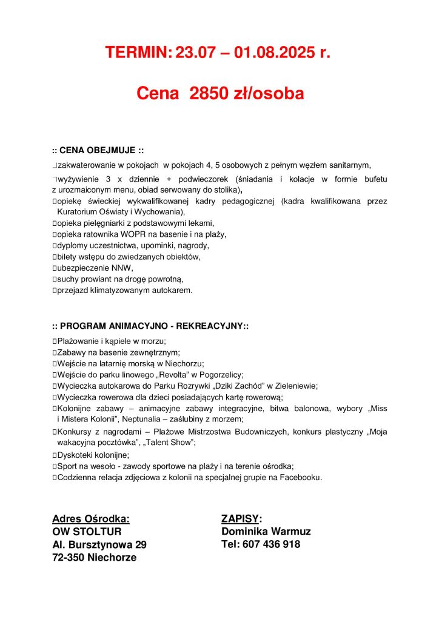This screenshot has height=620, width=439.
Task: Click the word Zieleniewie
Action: tap(293, 386)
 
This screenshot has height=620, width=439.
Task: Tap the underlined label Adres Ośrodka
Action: tap(91, 519)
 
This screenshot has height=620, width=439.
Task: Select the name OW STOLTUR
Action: tap(87, 532)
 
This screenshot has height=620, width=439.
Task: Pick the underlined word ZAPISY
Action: tap(240, 519)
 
